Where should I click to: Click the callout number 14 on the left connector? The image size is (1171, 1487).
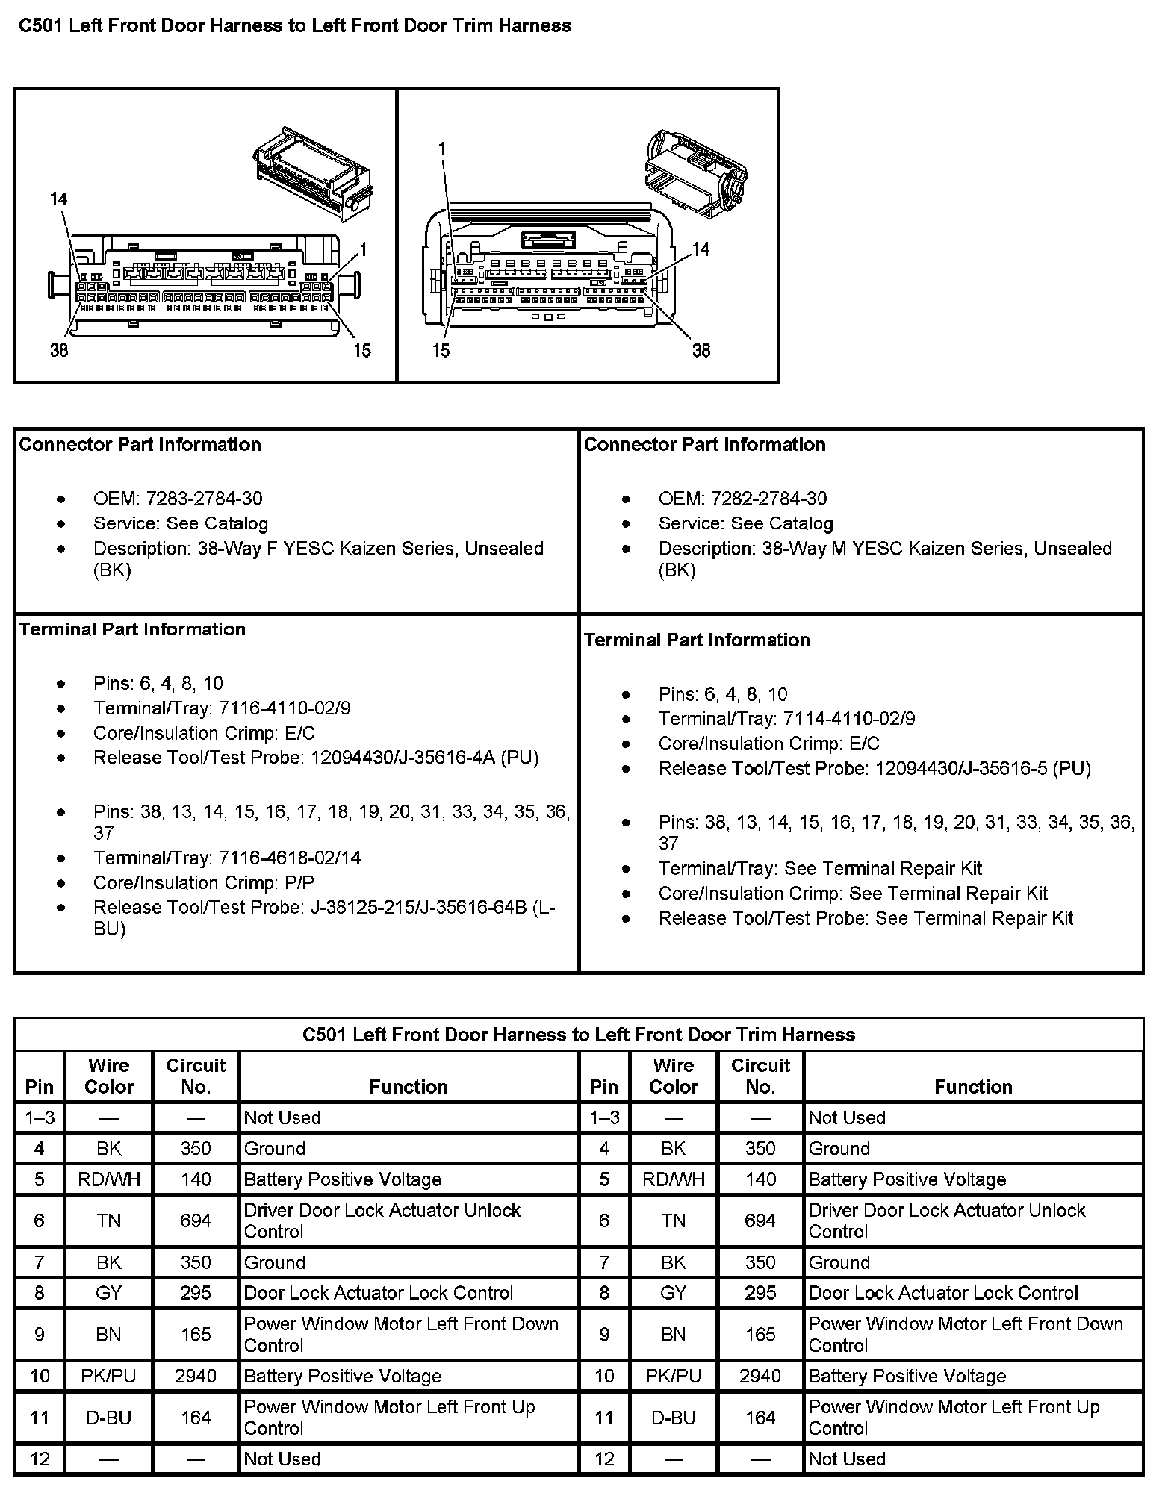click(x=58, y=199)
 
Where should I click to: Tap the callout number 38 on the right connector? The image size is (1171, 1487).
click(x=701, y=350)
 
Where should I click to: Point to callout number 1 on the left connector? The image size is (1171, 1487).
click(x=363, y=249)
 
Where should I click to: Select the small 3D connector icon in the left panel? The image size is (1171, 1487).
click(x=311, y=172)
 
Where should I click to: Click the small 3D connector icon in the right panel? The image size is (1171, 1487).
click(x=695, y=175)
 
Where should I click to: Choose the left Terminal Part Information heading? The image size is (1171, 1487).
click(x=132, y=629)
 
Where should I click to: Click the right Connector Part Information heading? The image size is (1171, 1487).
click(x=704, y=445)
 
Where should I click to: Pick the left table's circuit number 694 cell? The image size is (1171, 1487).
click(x=196, y=1221)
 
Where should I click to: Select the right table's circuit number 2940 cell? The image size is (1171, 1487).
click(x=760, y=1376)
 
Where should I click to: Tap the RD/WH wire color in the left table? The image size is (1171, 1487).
click(x=109, y=1179)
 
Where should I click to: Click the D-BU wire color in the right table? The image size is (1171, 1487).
click(x=673, y=1418)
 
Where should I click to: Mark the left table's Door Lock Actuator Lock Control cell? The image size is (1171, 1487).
click(x=379, y=1293)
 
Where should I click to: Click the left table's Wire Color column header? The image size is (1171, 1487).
click(x=109, y=1076)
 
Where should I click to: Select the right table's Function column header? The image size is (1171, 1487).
click(x=973, y=1086)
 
